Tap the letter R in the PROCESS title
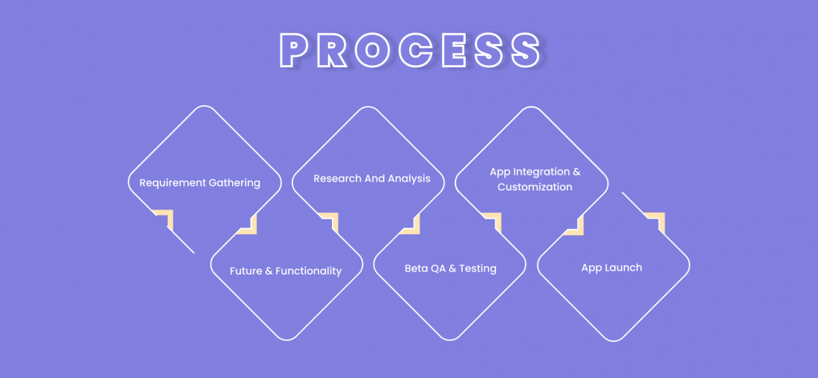tap(331, 50)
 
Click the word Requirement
tap(172, 183)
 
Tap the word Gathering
tap(234, 183)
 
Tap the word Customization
tap(534, 187)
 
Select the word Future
tap(246, 271)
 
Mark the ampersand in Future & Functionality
tap(269, 271)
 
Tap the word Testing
tap(478, 269)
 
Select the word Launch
tap(624, 268)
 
